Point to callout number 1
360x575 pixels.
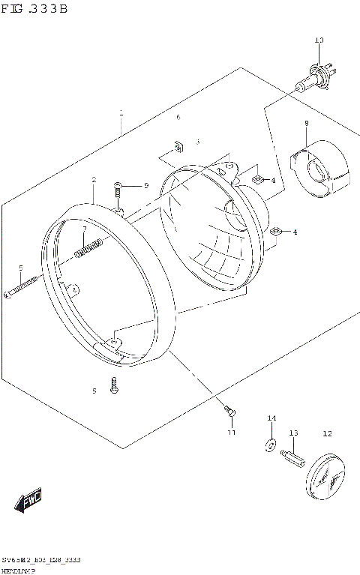click(x=121, y=113)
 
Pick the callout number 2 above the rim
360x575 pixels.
click(x=94, y=180)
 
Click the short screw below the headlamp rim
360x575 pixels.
click(x=113, y=385)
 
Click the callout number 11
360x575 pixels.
click(x=231, y=433)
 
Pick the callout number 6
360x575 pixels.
click(x=178, y=118)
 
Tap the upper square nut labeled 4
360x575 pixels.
click(x=257, y=178)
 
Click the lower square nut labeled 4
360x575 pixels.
click(x=275, y=232)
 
